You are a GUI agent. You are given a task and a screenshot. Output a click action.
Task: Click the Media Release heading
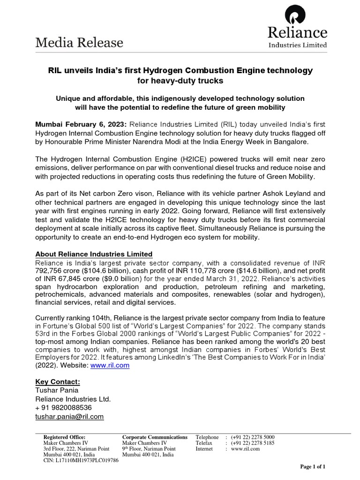pyautogui.click(x=80, y=43)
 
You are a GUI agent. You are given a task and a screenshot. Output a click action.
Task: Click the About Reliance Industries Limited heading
pyautogui.click(x=94, y=254)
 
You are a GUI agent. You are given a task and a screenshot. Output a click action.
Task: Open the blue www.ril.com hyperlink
pyautogui.click(x=113, y=366)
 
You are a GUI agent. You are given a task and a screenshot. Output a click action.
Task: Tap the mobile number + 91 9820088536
pyautogui.click(x=64, y=407)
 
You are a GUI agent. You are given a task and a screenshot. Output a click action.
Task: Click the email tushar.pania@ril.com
pyautogui.click(x=70, y=416)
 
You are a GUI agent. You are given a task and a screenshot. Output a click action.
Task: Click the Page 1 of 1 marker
pyautogui.click(x=313, y=467)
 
